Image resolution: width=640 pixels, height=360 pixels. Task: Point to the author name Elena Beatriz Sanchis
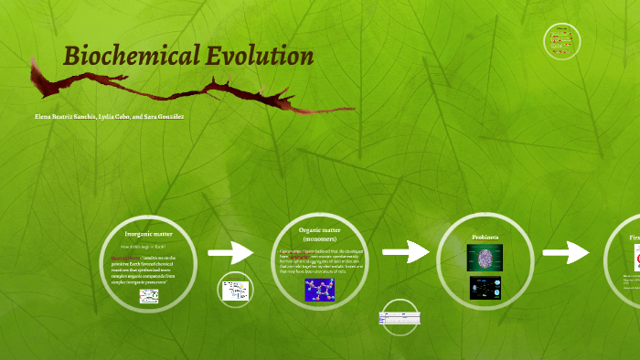[x=65, y=117]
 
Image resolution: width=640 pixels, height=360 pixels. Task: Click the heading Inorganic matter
[x=147, y=235]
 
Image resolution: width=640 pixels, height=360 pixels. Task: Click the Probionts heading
[x=485, y=238]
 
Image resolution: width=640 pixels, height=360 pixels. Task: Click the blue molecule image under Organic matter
[x=319, y=290]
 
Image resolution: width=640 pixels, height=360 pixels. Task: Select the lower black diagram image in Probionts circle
[x=485, y=288]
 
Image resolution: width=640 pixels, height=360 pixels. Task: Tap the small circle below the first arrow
[x=235, y=291]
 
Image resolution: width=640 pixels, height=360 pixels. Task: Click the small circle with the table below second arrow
[x=399, y=320]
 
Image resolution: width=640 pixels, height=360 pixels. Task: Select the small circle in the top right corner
[x=562, y=41]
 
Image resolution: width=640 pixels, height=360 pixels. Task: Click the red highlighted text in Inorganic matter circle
[x=138, y=259]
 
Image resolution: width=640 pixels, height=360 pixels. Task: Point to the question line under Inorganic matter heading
[x=147, y=247]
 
